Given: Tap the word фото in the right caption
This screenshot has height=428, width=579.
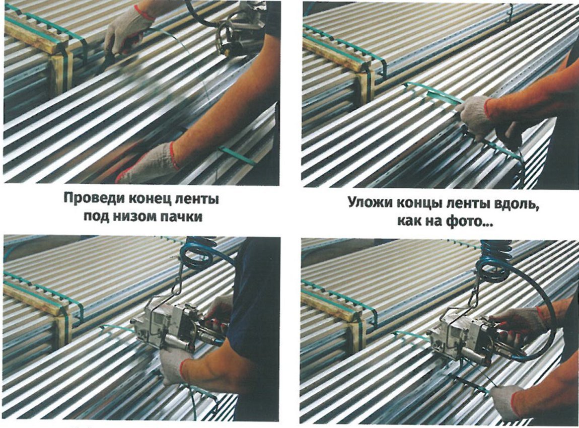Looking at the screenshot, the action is [469, 222].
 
